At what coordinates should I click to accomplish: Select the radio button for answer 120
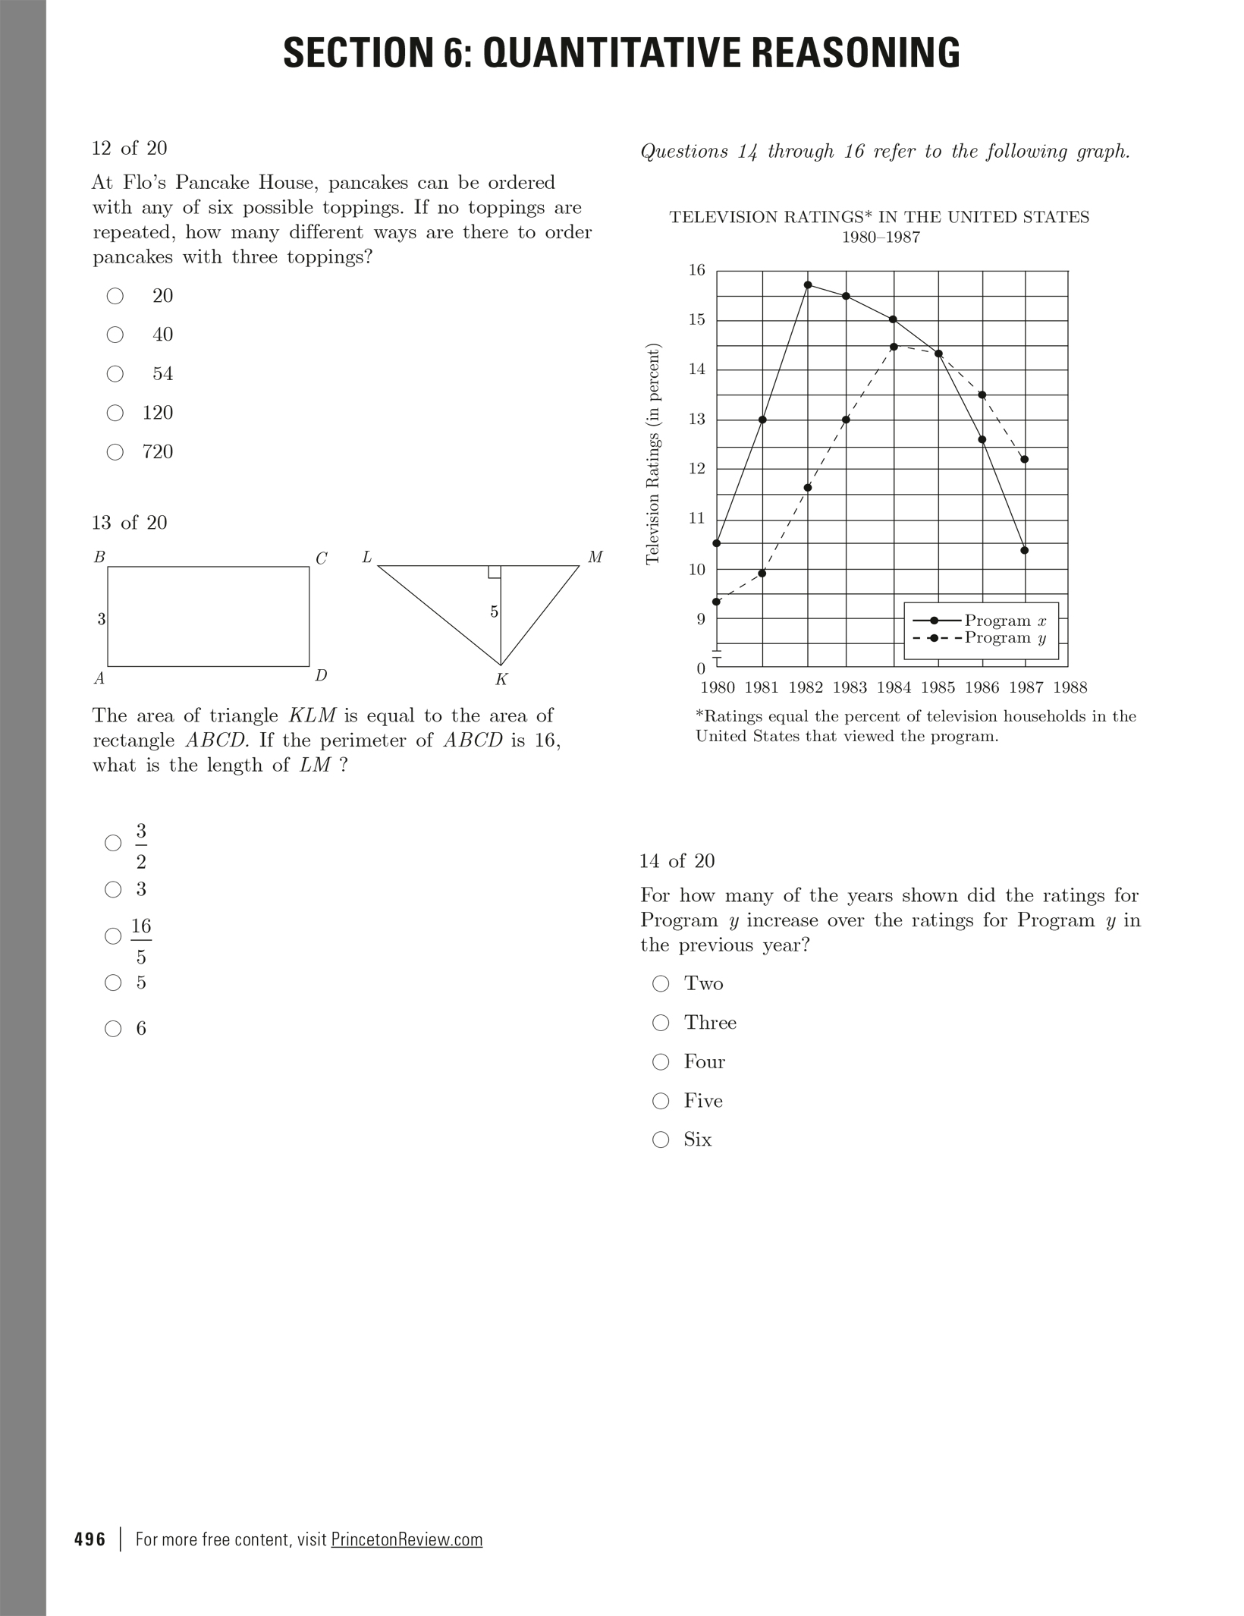[115, 413]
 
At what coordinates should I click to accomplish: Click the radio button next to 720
[115, 452]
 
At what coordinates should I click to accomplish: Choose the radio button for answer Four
[661, 1061]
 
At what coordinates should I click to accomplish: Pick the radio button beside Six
[661, 1140]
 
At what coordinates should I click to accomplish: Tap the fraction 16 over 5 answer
[141, 941]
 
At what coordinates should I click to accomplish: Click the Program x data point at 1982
[808, 285]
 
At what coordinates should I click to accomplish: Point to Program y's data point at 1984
[894, 347]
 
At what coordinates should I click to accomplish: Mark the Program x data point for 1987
[1025, 550]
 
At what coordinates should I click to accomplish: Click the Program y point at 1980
[717, 602]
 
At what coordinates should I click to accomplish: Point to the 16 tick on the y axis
[696, 270]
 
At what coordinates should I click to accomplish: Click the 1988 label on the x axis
[1070, 687]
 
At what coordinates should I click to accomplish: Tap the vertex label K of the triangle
[501, 680]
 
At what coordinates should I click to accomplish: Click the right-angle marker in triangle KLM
[494, 572]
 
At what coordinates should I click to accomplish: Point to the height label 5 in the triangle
[494, 612]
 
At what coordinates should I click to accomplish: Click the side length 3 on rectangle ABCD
[101, 619]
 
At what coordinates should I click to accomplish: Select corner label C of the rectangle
[321, 558]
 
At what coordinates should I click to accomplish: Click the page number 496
[90, 1539]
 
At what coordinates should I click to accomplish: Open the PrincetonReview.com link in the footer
[407, 1539]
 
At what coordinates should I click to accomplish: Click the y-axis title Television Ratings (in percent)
[652, 454]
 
